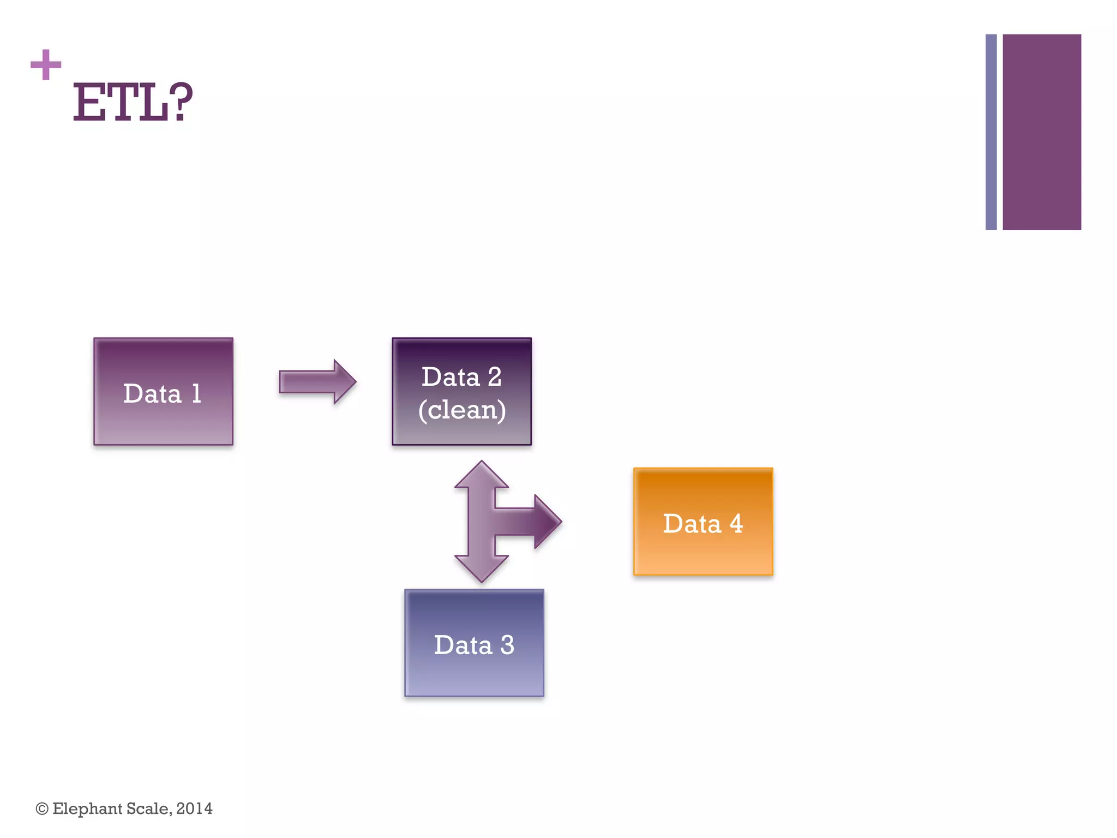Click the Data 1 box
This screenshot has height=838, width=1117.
click(163, 391)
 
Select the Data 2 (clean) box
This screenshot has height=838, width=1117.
click(461, 391)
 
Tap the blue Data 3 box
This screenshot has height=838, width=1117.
click(474, 643)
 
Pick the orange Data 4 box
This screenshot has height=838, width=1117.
click(703, 522)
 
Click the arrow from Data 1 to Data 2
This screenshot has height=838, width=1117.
click(317, 381)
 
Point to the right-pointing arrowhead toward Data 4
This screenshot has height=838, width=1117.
click(547, 522)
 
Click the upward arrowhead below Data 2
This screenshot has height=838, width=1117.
click(482, 475)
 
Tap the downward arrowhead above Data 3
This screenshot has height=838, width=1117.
click(482, 568)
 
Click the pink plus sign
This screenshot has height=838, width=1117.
click(46, 65)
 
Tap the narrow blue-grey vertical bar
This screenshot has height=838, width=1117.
click(991, 132)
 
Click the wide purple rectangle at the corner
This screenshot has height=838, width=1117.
click(1042, 132)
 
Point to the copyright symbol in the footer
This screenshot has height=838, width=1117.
click(42, 809)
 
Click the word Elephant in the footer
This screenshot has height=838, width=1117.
click(87, 809)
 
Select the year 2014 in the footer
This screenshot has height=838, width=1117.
click(194, 809)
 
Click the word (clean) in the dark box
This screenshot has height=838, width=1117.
click(462, 410)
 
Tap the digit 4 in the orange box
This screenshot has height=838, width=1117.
click(736, 524)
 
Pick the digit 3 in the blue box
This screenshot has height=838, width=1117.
click(507, 645)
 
